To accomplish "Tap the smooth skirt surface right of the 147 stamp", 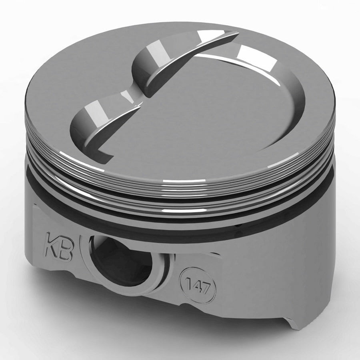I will tap(256, 280).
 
